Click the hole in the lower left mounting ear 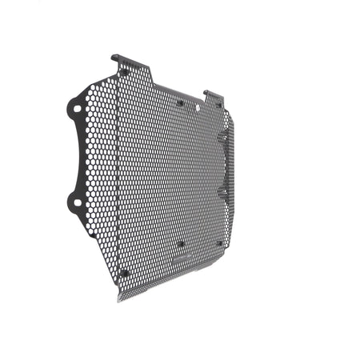pos(77,202)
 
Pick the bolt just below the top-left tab pos(124,73)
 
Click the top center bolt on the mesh pos(181,102)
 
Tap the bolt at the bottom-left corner pos(123,273)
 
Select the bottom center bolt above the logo pos(181,244)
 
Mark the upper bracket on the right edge pos(225,138)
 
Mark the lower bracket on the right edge pos(225,192)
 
